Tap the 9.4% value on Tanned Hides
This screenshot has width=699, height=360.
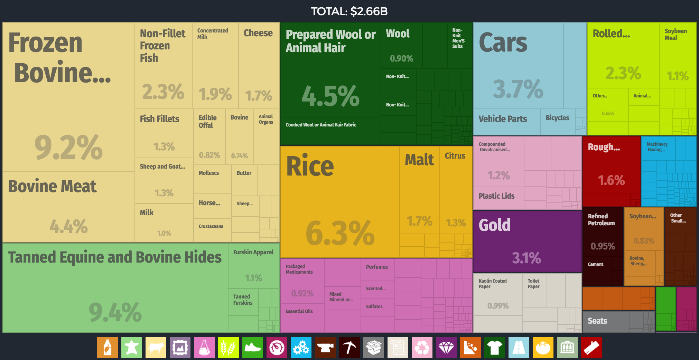tap(115, 312)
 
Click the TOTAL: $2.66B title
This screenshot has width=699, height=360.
tap(349, 11)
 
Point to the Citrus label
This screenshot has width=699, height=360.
tap(455, 156)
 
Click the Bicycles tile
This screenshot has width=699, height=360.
tap(557, 122)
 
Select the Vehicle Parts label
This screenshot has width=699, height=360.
tap(503, 119)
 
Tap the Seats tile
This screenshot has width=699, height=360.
tap(605, 321)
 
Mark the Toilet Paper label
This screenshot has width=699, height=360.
tap(533, 284)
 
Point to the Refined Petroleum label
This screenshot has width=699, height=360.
tap(601, 220)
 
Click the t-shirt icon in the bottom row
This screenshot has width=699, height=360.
tap(495, 348)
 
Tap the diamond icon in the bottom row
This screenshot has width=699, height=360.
tap(446, 348)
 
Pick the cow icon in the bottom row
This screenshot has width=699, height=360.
tap(156, 348)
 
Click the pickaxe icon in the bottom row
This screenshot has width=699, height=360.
tap(349, 348)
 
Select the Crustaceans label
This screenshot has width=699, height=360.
tap(211, 227)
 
